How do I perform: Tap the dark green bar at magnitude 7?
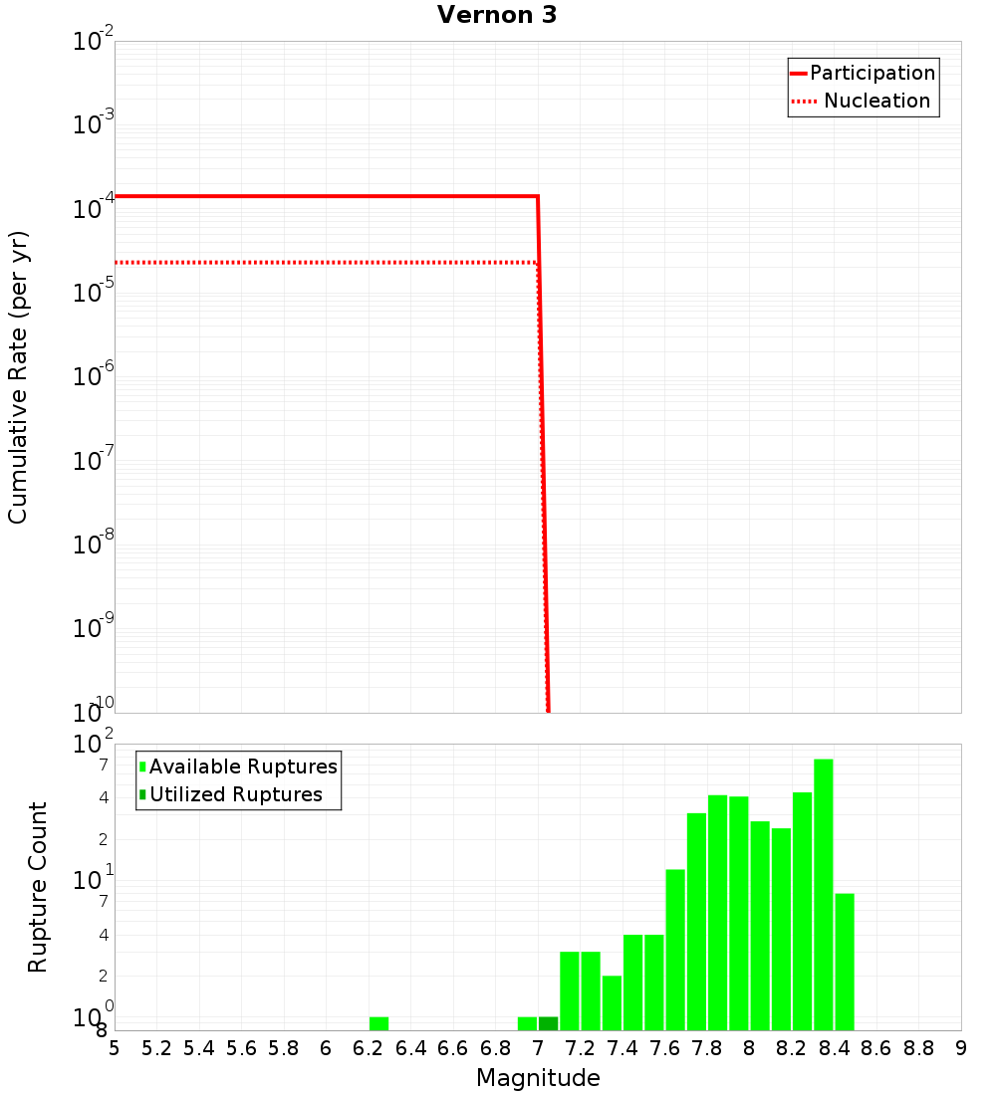(x=548, y=1023)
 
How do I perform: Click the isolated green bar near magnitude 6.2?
(x=378, y=1023)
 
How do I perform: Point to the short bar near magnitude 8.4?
(x=845, y=962)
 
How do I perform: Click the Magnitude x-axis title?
(x=538, y=1078)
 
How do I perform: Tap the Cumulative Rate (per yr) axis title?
(x=18, y=376)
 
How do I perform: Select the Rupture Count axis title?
(x=38, y=887)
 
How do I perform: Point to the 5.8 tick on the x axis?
(x=284, y=1048)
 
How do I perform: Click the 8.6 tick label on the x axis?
(x=876, y=1048)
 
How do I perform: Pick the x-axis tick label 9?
(x=961, y=1048)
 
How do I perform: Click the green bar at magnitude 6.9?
(x=527, y=1023)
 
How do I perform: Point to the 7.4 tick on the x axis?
(x=622, y=1048)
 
